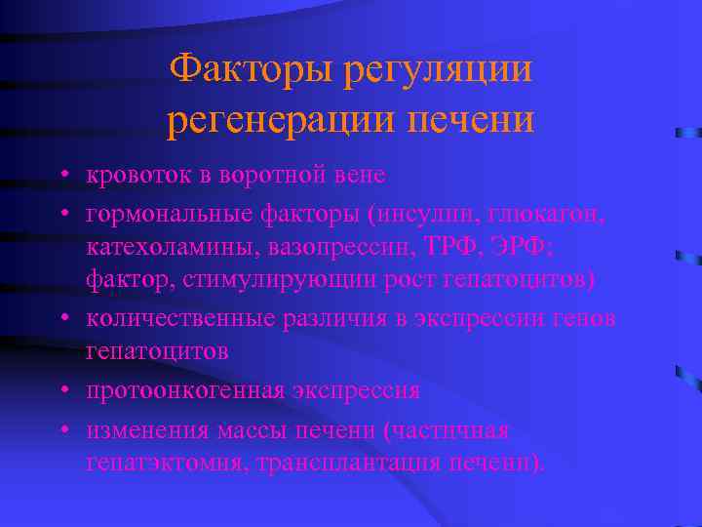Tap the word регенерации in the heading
click(273, 121)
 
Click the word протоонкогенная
click(184, 390)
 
